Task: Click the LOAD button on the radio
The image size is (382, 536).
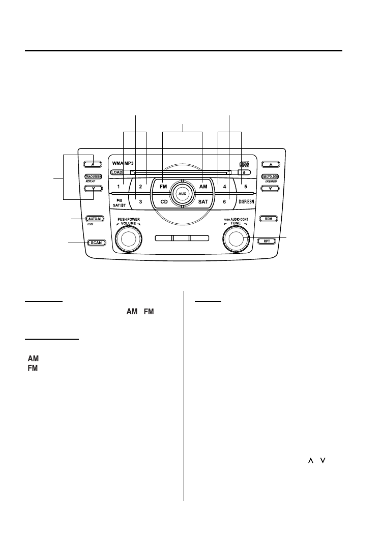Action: [116, 172]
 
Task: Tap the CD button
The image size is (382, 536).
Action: [164, 202]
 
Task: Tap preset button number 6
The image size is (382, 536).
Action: [224, 202]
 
